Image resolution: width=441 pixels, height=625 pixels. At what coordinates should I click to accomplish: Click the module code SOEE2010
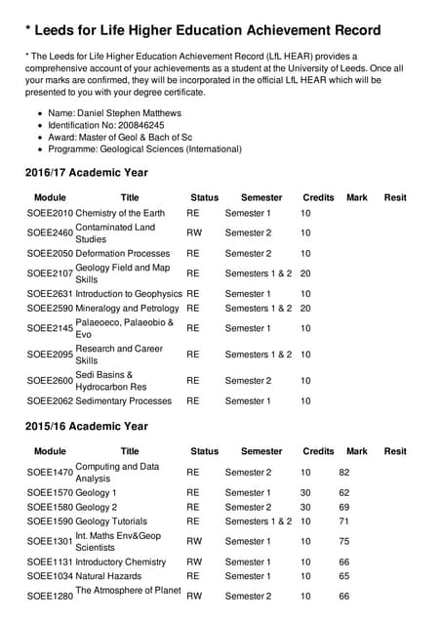coord(50,213)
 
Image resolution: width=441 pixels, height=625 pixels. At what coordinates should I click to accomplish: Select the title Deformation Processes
coord(122,253)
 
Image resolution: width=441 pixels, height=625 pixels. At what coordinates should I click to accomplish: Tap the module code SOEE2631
coord(50,293)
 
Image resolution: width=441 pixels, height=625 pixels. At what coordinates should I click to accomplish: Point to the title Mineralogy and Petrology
coord(127,308)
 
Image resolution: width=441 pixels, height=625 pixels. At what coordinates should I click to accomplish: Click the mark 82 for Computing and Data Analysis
coord(344,473)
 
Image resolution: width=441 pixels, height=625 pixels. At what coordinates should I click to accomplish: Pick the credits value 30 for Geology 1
coord(305,493)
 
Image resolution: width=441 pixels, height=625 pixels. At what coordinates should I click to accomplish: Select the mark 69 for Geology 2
coord(344,508)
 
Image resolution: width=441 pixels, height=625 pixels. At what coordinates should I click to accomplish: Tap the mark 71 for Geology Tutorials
coord(344,521)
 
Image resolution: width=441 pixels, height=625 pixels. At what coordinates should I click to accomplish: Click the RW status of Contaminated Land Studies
coord(194,233)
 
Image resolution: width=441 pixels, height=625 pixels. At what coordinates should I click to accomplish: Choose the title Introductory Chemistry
coord(121,562)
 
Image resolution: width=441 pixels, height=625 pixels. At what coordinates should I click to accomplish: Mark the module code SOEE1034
coord(50,576)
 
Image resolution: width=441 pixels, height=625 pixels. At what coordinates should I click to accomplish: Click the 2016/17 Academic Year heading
coord(86,173)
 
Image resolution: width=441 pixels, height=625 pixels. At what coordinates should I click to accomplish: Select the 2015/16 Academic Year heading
coord(86,427)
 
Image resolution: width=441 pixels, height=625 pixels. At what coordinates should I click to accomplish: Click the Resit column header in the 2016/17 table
coord(395,197)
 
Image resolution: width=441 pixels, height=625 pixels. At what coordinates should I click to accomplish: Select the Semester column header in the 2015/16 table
coord(261,451)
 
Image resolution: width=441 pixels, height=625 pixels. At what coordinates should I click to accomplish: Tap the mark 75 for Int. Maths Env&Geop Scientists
coord(344,541)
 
